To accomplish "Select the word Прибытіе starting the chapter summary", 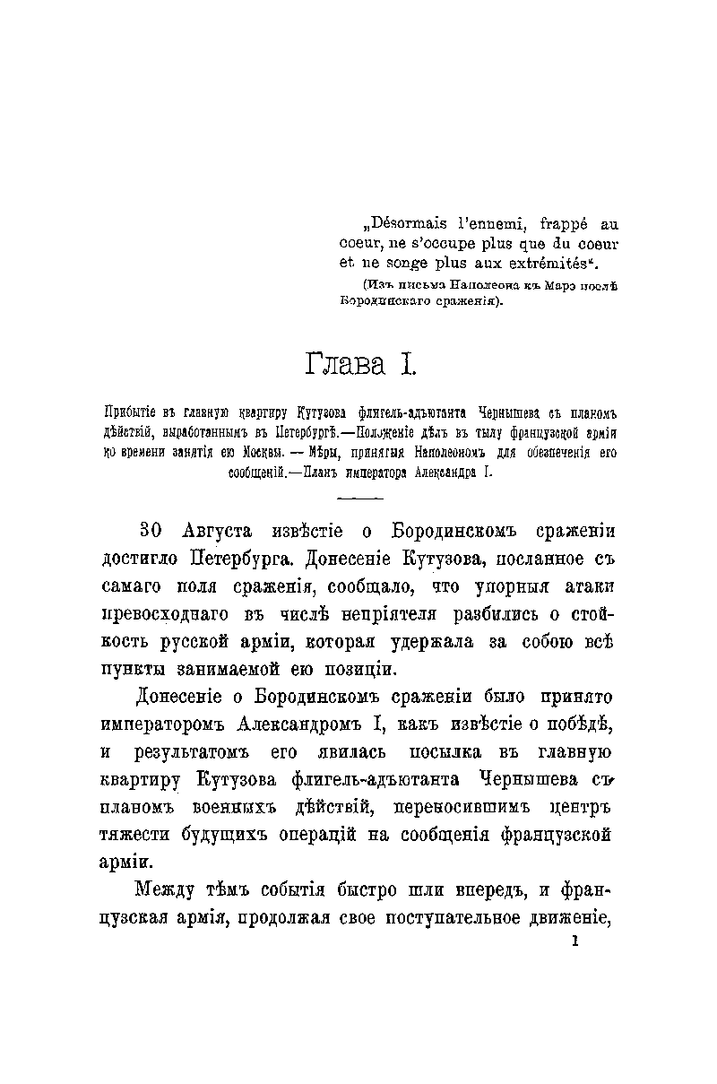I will point(132,413).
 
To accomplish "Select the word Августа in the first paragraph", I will point(217,532).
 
